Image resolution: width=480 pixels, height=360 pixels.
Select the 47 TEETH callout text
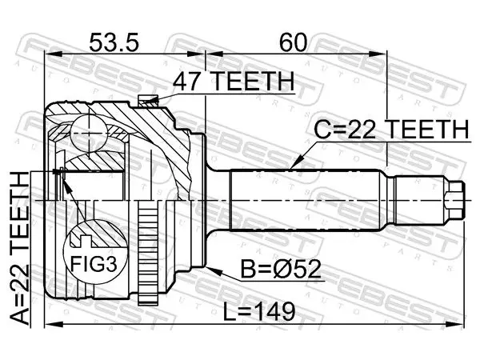[x=234, y=81]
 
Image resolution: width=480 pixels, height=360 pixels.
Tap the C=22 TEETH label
[x=391, y=129]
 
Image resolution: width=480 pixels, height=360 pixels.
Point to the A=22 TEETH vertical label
[x=20, y=248]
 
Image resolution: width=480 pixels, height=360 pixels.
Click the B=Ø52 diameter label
[x=281, y=269]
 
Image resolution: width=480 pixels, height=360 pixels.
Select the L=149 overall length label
[x=259, y=311]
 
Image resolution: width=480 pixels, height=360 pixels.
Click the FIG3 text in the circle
[x=94, y=263]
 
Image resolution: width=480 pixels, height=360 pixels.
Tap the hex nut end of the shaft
[x=454, y=200]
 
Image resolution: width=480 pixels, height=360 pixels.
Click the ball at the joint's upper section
[x=89, y=133]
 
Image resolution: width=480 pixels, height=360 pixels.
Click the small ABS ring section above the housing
[x=148, y=101]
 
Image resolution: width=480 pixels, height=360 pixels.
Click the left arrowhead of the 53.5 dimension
[x=54, y=54]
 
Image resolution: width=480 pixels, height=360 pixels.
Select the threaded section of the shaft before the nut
[x=419, y=200]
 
